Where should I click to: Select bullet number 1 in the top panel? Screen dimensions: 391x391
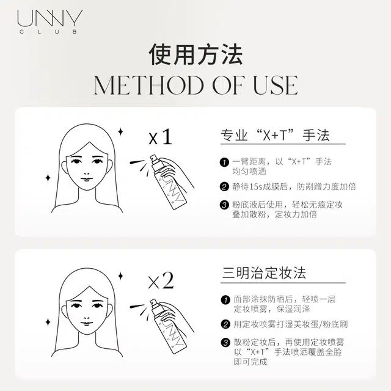(225, 162)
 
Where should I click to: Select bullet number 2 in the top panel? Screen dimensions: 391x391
(225, 186)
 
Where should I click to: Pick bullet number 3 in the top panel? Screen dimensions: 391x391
(225, 205)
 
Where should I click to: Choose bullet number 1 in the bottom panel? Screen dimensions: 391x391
(225, 299)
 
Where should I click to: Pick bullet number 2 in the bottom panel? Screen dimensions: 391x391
(225, 324)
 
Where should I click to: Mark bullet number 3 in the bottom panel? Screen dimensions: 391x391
(225, 343)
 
